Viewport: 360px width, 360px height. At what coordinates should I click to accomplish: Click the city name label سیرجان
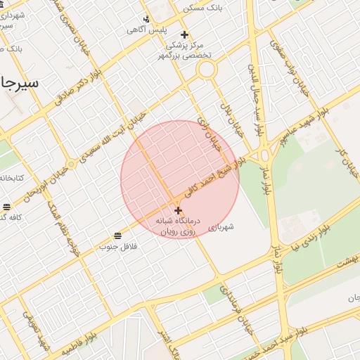(20, 82)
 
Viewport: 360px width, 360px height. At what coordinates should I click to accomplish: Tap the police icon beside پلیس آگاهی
(146, 19)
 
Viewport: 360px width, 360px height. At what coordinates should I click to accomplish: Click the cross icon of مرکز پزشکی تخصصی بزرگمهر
(184, 34)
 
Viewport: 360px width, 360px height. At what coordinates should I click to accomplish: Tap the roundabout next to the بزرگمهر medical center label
(206, 69)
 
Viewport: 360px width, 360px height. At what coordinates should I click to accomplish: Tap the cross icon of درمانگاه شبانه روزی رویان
(178, 210)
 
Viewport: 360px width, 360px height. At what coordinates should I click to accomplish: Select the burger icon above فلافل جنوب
(117, 235)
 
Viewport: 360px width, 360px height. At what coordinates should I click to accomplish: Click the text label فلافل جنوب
(117, 247)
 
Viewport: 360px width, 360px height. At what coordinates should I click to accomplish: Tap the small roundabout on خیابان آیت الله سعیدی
(70, 165)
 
